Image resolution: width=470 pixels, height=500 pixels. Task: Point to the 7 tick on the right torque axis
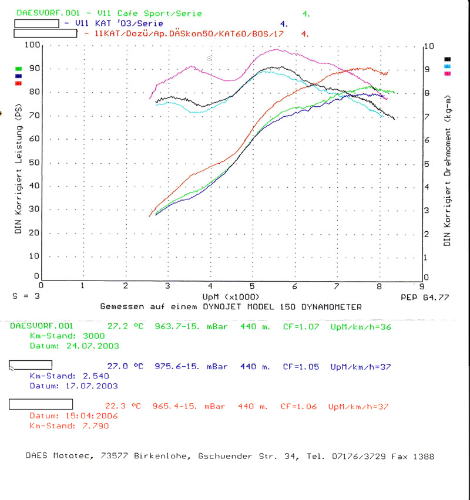pos(428,117)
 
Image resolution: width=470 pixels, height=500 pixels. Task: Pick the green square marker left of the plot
pos(19,69)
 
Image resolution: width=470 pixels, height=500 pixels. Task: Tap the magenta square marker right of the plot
pos(448,73)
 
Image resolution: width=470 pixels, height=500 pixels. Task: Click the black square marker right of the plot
pos(448,59)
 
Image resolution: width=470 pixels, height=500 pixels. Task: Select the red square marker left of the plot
pos(19,83)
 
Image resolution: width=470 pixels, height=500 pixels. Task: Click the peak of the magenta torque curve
pos(276,50)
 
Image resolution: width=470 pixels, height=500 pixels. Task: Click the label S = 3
pos(26,297)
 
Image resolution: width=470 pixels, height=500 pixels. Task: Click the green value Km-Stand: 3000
pos(66,335)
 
